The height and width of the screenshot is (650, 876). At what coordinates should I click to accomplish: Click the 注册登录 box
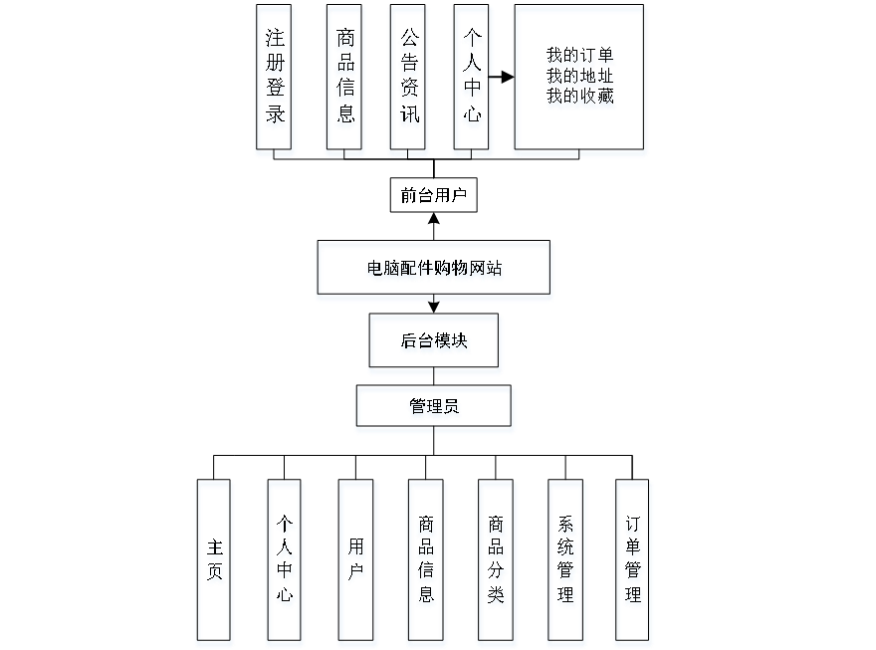275,80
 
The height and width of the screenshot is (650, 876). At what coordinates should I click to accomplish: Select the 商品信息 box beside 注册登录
345,80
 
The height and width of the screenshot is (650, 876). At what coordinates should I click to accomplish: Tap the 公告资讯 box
409,80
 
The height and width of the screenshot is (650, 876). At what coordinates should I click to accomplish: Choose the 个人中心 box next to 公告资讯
473,80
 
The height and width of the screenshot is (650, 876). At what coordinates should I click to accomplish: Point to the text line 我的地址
580,77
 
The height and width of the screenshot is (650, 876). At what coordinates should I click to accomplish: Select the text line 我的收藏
580,97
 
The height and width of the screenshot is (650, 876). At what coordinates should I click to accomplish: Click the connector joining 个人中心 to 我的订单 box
503,78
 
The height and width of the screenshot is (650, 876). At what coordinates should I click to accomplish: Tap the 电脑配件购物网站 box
434,270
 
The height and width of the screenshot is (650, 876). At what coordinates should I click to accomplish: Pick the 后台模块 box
435,343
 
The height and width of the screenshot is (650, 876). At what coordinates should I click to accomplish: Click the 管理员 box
435,409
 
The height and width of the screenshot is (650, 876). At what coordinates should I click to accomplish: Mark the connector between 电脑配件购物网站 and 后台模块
434,307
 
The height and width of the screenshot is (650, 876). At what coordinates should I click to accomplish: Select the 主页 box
215,562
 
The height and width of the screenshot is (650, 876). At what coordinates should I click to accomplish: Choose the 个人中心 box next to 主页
285,562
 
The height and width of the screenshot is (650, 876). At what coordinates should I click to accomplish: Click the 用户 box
356,562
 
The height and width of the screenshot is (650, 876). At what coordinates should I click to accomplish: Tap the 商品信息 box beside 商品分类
425,562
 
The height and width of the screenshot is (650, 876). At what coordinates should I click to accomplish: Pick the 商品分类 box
496,562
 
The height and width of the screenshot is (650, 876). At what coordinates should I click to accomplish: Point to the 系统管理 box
565,562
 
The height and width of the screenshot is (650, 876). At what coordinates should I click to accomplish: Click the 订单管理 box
634,562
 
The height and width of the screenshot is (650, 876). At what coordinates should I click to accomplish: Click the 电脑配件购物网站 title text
434,270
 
